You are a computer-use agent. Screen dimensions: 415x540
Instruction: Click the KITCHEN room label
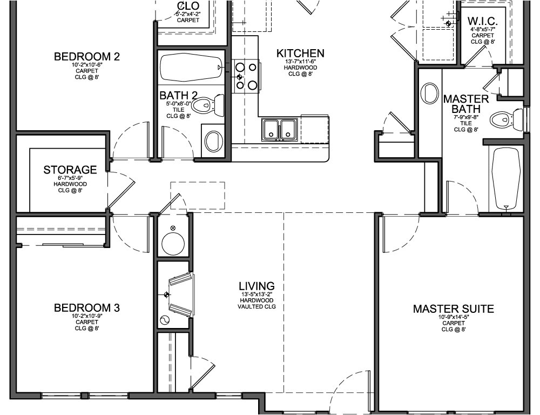(300, 53)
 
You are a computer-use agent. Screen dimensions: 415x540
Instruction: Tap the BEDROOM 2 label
(87, 57)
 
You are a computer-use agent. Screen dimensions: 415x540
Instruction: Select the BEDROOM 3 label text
(87, 308)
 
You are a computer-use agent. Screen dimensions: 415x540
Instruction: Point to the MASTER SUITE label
(453, 309)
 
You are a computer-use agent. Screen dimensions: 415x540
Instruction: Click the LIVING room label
(256, 286)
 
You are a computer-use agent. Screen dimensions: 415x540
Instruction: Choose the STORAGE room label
(70, 170)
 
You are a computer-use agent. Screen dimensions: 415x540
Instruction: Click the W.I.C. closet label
(482, 22)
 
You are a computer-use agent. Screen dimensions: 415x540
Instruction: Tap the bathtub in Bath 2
(191, 67)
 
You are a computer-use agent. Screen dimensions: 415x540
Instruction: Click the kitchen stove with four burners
(246, 76)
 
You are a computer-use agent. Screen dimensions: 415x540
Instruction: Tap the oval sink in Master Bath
(430, 93)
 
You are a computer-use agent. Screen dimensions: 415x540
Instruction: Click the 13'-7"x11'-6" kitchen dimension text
(300, 62)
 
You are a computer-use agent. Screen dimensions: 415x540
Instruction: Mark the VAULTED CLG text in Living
(256, 306)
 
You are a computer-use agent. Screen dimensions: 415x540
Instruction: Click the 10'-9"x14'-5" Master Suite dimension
(453, 318)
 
